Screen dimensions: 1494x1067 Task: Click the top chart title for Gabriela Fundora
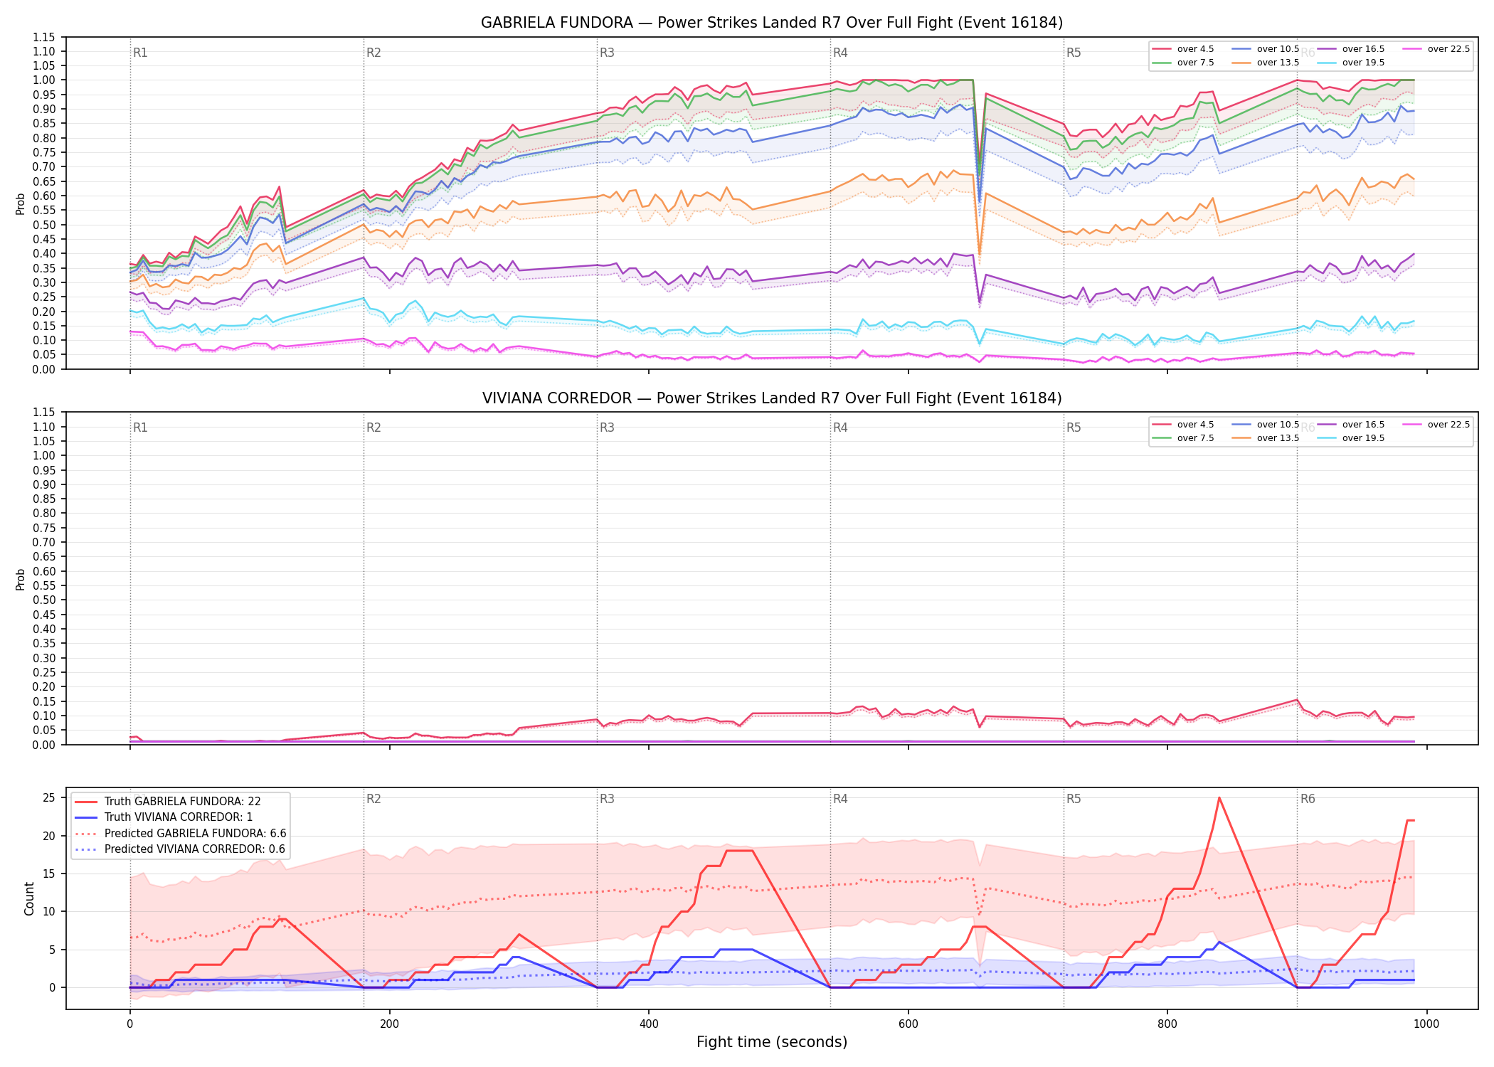tap(772, 23)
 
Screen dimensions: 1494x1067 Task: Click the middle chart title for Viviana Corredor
tap(772, 398)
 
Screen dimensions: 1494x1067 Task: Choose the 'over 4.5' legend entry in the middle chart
tap(1183, 425)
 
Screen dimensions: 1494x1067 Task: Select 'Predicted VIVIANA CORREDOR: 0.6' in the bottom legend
tap(180, 849)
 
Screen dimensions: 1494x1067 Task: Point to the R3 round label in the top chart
tap(607, 53)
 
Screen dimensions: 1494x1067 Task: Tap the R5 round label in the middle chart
tap(1074, 428)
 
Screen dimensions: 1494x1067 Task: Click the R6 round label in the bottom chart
tap(1308, 799)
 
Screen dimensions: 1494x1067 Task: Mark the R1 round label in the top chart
tap(140, 53)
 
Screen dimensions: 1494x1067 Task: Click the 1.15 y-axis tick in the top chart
tap(44, 37)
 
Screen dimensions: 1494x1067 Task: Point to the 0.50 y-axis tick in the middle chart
tap(44, 600)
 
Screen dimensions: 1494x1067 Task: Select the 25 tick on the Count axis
tap(49, 797)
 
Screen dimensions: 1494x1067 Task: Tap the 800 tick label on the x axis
tap(1167, 1024)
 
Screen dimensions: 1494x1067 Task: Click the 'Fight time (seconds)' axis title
tap(772, 1042)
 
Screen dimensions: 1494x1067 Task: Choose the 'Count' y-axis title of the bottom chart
tap(29, 898)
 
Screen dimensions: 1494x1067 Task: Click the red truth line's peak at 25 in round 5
tap(1219, 797)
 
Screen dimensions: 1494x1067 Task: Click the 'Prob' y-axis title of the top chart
tap(21, 203)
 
